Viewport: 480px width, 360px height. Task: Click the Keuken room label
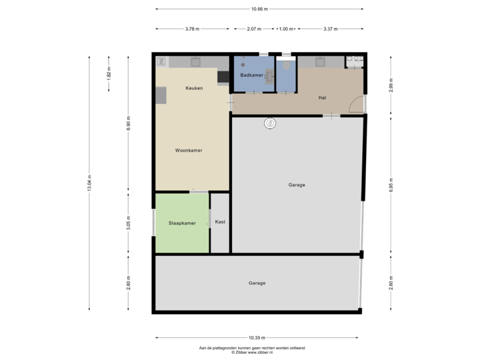click(194, 88)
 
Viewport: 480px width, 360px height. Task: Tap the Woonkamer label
click(188, 151)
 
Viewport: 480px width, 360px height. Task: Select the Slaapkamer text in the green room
click(182, 223)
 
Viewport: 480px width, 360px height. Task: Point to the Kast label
click(220, 221)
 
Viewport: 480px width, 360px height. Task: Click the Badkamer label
click(251, 76)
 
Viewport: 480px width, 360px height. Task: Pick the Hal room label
click(322, 97)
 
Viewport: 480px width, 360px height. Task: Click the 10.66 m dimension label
click(259, 9)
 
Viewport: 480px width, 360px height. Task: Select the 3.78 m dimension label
click(192, 29)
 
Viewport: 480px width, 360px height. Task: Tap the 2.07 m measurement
click(253, 29)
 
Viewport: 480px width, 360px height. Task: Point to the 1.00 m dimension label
click(286, 29)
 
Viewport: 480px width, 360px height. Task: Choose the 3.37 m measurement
click(330, 29)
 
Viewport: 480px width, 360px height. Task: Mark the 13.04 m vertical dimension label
click(90, 182)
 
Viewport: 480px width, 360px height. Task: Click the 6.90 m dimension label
click(129, 123)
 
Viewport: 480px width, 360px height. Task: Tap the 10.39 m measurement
click(259, 338)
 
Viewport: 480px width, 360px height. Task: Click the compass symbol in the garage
click(270, 123)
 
